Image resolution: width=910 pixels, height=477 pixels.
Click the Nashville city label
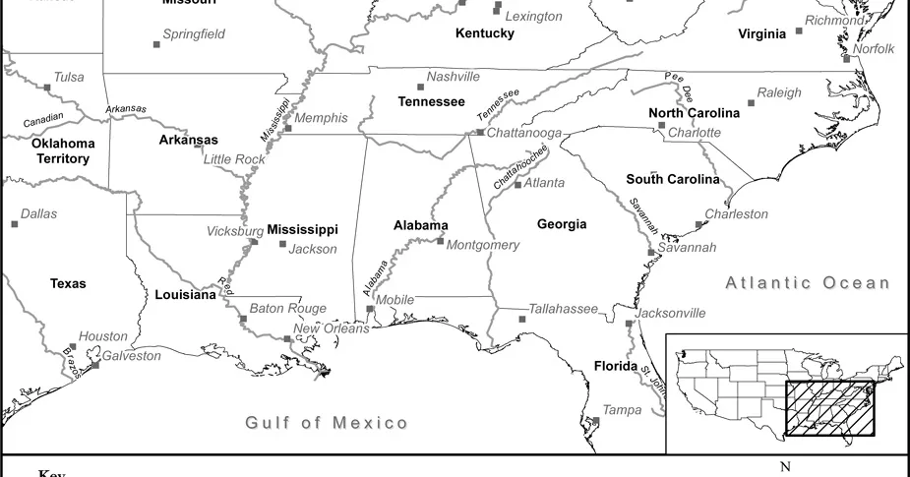point(453,77)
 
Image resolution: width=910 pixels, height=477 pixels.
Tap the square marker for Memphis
point(288,128)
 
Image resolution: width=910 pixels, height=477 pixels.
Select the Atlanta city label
point(544,183)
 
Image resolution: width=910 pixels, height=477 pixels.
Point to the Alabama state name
point(421,225)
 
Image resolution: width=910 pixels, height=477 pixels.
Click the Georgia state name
point(562,224)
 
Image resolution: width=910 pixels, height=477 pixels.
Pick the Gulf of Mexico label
point(327,423)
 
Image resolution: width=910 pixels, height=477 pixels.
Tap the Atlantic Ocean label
point(808,283)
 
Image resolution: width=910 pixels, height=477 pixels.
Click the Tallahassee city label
point(563,309)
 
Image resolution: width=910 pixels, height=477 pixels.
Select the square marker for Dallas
point(15,224)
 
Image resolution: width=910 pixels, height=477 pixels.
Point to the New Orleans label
point(332,328)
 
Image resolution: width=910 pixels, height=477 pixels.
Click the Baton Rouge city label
point(287,308)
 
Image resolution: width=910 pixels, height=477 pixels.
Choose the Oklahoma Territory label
point(62,150)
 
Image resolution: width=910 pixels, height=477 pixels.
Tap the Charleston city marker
point(699,224)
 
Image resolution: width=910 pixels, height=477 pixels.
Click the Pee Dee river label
point(680,85)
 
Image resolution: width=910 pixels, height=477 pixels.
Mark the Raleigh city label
point(779,92)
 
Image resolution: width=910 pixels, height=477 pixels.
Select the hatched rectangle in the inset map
point(828,408)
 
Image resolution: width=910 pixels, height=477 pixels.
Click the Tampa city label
point(622,410)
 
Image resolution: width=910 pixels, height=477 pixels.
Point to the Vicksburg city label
point(235,231)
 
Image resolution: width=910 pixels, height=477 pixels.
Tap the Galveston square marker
point(95,365)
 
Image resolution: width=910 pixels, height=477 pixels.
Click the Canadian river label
point(43,119)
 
